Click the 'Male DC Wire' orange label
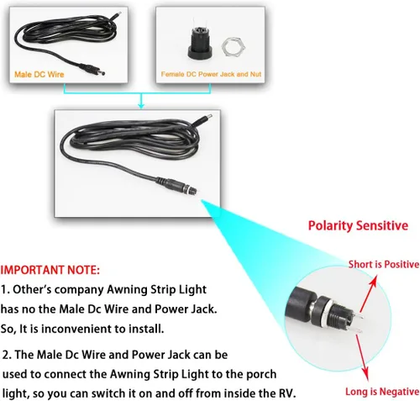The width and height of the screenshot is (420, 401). click(39, 74)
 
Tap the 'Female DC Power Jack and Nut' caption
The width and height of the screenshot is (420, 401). click(211, 74)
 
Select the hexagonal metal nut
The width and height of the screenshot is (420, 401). click(233, 46)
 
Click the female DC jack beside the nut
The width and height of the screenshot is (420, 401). click(200, 41)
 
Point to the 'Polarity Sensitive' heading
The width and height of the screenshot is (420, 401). click(358, 225)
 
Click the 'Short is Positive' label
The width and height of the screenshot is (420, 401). click(384, 264)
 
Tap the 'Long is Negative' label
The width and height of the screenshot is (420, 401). click(382, 391)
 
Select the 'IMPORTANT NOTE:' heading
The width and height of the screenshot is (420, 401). click(50, 270)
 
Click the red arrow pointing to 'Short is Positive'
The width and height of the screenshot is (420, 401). click(369, 293)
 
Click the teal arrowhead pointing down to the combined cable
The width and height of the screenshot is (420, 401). click(141, 106)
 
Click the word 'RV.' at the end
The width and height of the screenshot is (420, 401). click(287, 393)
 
